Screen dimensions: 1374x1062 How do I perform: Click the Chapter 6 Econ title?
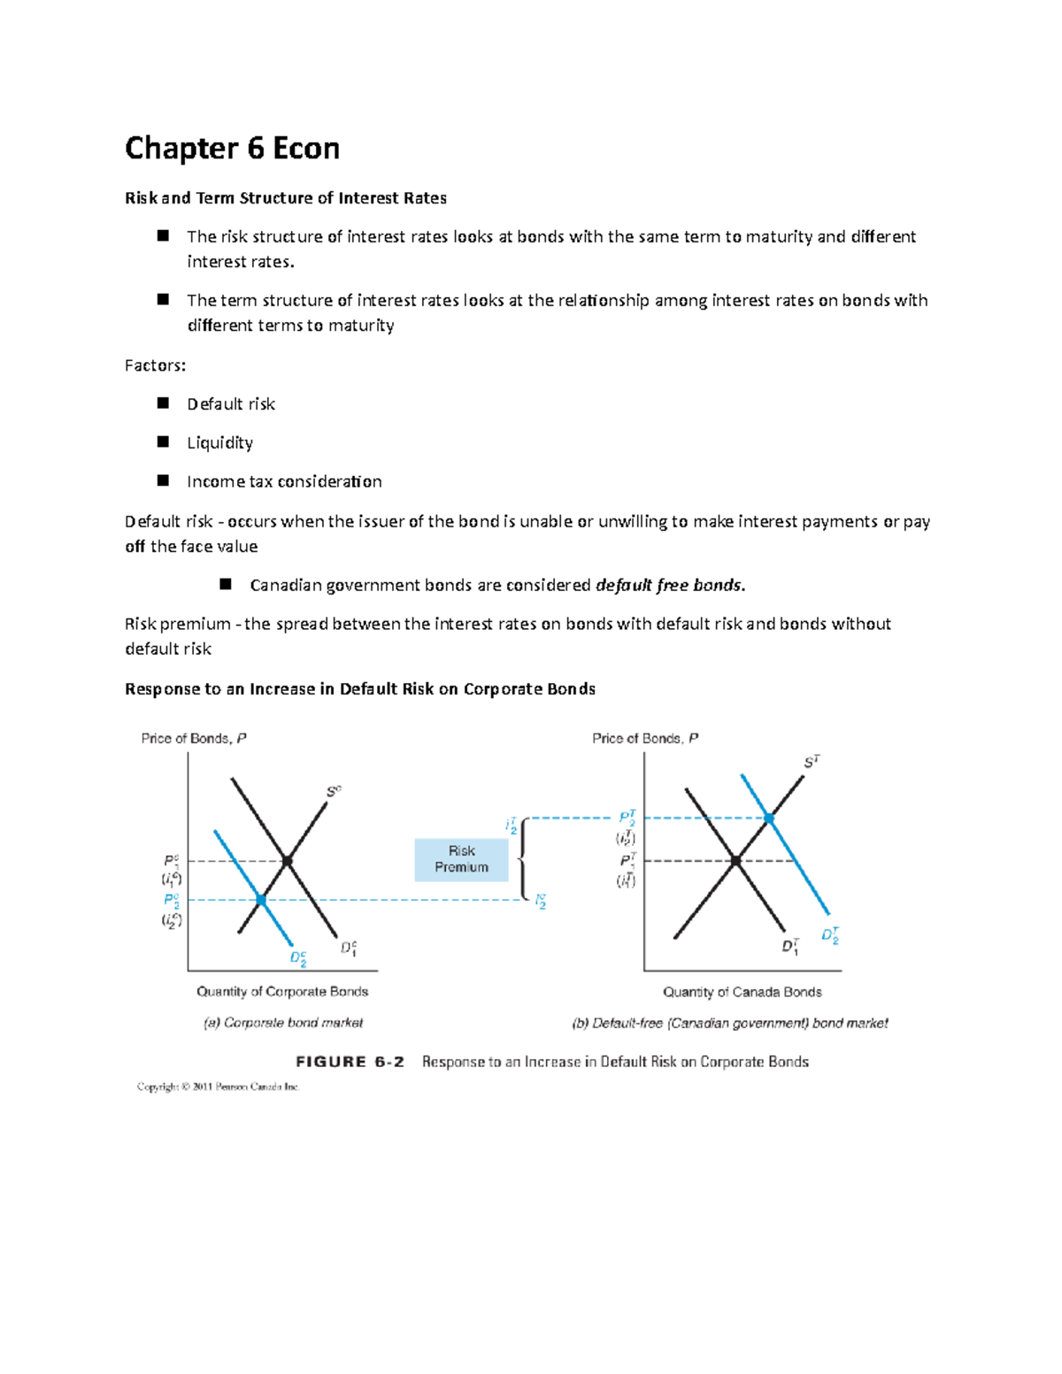[232, 148]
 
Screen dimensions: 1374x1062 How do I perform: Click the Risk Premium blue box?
[461, 859]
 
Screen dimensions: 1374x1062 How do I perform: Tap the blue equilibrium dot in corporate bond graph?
[261, 900]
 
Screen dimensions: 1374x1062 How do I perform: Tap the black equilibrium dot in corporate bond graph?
[288, 861]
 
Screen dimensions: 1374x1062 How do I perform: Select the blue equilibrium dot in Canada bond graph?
[769, 818]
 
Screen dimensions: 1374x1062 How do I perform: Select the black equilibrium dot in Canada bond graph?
[736, 860]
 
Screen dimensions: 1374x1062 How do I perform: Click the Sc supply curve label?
[334, 791]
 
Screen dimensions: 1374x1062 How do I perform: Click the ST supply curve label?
[812, 762]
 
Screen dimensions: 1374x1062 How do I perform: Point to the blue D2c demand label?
[298, 958]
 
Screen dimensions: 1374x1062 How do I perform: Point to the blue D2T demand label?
[830, 935]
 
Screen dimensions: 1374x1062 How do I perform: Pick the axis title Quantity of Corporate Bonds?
[282, 992]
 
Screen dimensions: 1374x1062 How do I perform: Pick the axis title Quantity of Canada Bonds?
[743, 992]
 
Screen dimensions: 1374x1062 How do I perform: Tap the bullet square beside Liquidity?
[163, 441]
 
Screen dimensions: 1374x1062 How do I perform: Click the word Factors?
[155, 365]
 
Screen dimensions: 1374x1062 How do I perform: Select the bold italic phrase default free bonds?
[670, 585]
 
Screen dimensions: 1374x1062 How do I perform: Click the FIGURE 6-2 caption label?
[350, 1062]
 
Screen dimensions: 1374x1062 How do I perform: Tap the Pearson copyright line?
[219, 1086]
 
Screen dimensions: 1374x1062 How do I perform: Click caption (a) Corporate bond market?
[283, 1023]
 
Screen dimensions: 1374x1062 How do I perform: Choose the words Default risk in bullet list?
[231, 404]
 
